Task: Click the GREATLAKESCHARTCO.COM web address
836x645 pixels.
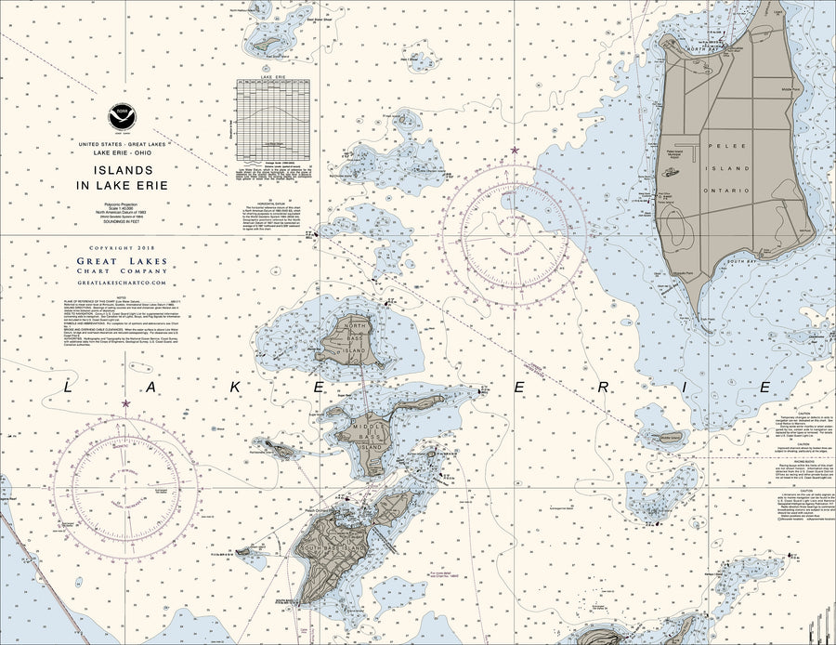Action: pos(122,283)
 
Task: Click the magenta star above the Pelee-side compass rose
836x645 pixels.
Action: pos(515,150)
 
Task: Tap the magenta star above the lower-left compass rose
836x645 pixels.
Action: pos(125,403)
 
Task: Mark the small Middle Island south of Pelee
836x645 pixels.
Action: pos(671,437)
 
